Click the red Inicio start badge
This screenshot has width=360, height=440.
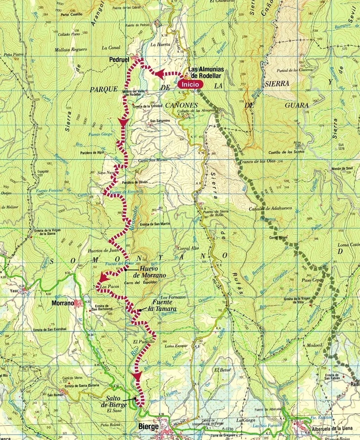(x=190, y=84)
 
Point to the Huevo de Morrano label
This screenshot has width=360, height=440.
(x=153, y=272)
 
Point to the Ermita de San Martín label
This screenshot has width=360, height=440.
(x=155, y=224)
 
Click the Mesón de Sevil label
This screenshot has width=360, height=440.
(x=342, y=168)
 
